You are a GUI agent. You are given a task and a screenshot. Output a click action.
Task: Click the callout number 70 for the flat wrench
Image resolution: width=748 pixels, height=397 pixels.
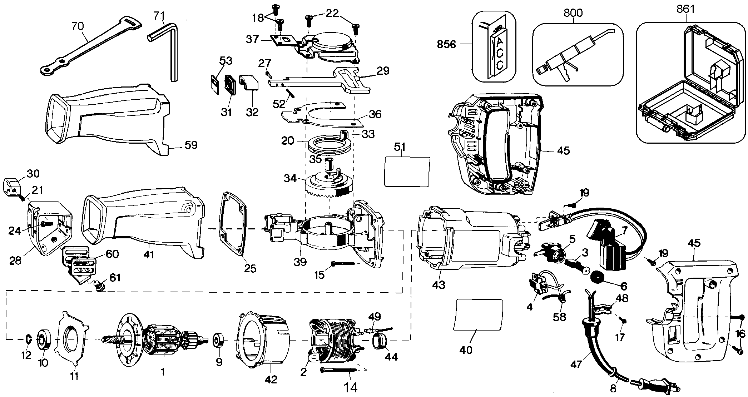click(78, 26)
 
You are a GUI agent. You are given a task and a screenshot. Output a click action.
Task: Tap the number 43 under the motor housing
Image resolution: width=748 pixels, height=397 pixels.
click(439, 285)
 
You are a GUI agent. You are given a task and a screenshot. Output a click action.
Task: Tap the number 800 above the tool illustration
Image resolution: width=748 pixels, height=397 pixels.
click(573, 13)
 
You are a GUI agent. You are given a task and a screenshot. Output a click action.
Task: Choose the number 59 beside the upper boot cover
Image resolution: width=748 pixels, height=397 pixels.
click(191, 145)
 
